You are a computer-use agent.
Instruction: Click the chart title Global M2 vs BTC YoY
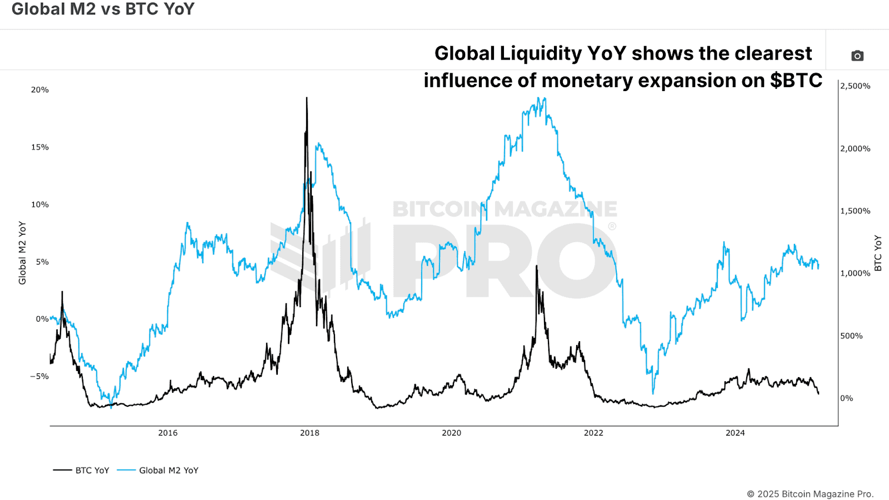pos(103,9)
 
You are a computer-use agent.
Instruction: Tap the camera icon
pos(857,56)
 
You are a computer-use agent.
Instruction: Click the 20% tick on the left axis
pos(40,90)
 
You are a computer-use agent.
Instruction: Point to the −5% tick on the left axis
pos(39,376)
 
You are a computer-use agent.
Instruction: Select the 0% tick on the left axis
pos(42,319)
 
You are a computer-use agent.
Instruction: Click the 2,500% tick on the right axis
pos(855,86)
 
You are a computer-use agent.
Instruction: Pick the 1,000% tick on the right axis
pos(855,273)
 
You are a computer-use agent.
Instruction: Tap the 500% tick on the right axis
pos(851,336)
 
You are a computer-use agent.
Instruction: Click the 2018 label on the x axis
pos(309,433)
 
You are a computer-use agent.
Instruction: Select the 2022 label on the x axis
pos(593,433)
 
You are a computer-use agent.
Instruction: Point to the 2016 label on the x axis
pos(168,433)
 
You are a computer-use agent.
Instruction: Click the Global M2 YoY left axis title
pos(22,253)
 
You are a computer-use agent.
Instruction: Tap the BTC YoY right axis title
pos(878,253)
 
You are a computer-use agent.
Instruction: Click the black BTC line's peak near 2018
pos(307,98)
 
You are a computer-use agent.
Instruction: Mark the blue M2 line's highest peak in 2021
pos(538,98)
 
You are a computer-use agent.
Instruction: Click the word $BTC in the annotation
pos(796,81)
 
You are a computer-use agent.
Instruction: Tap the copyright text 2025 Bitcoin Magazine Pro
pos(810,494)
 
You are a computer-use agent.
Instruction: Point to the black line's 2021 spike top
pos(537,266)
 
